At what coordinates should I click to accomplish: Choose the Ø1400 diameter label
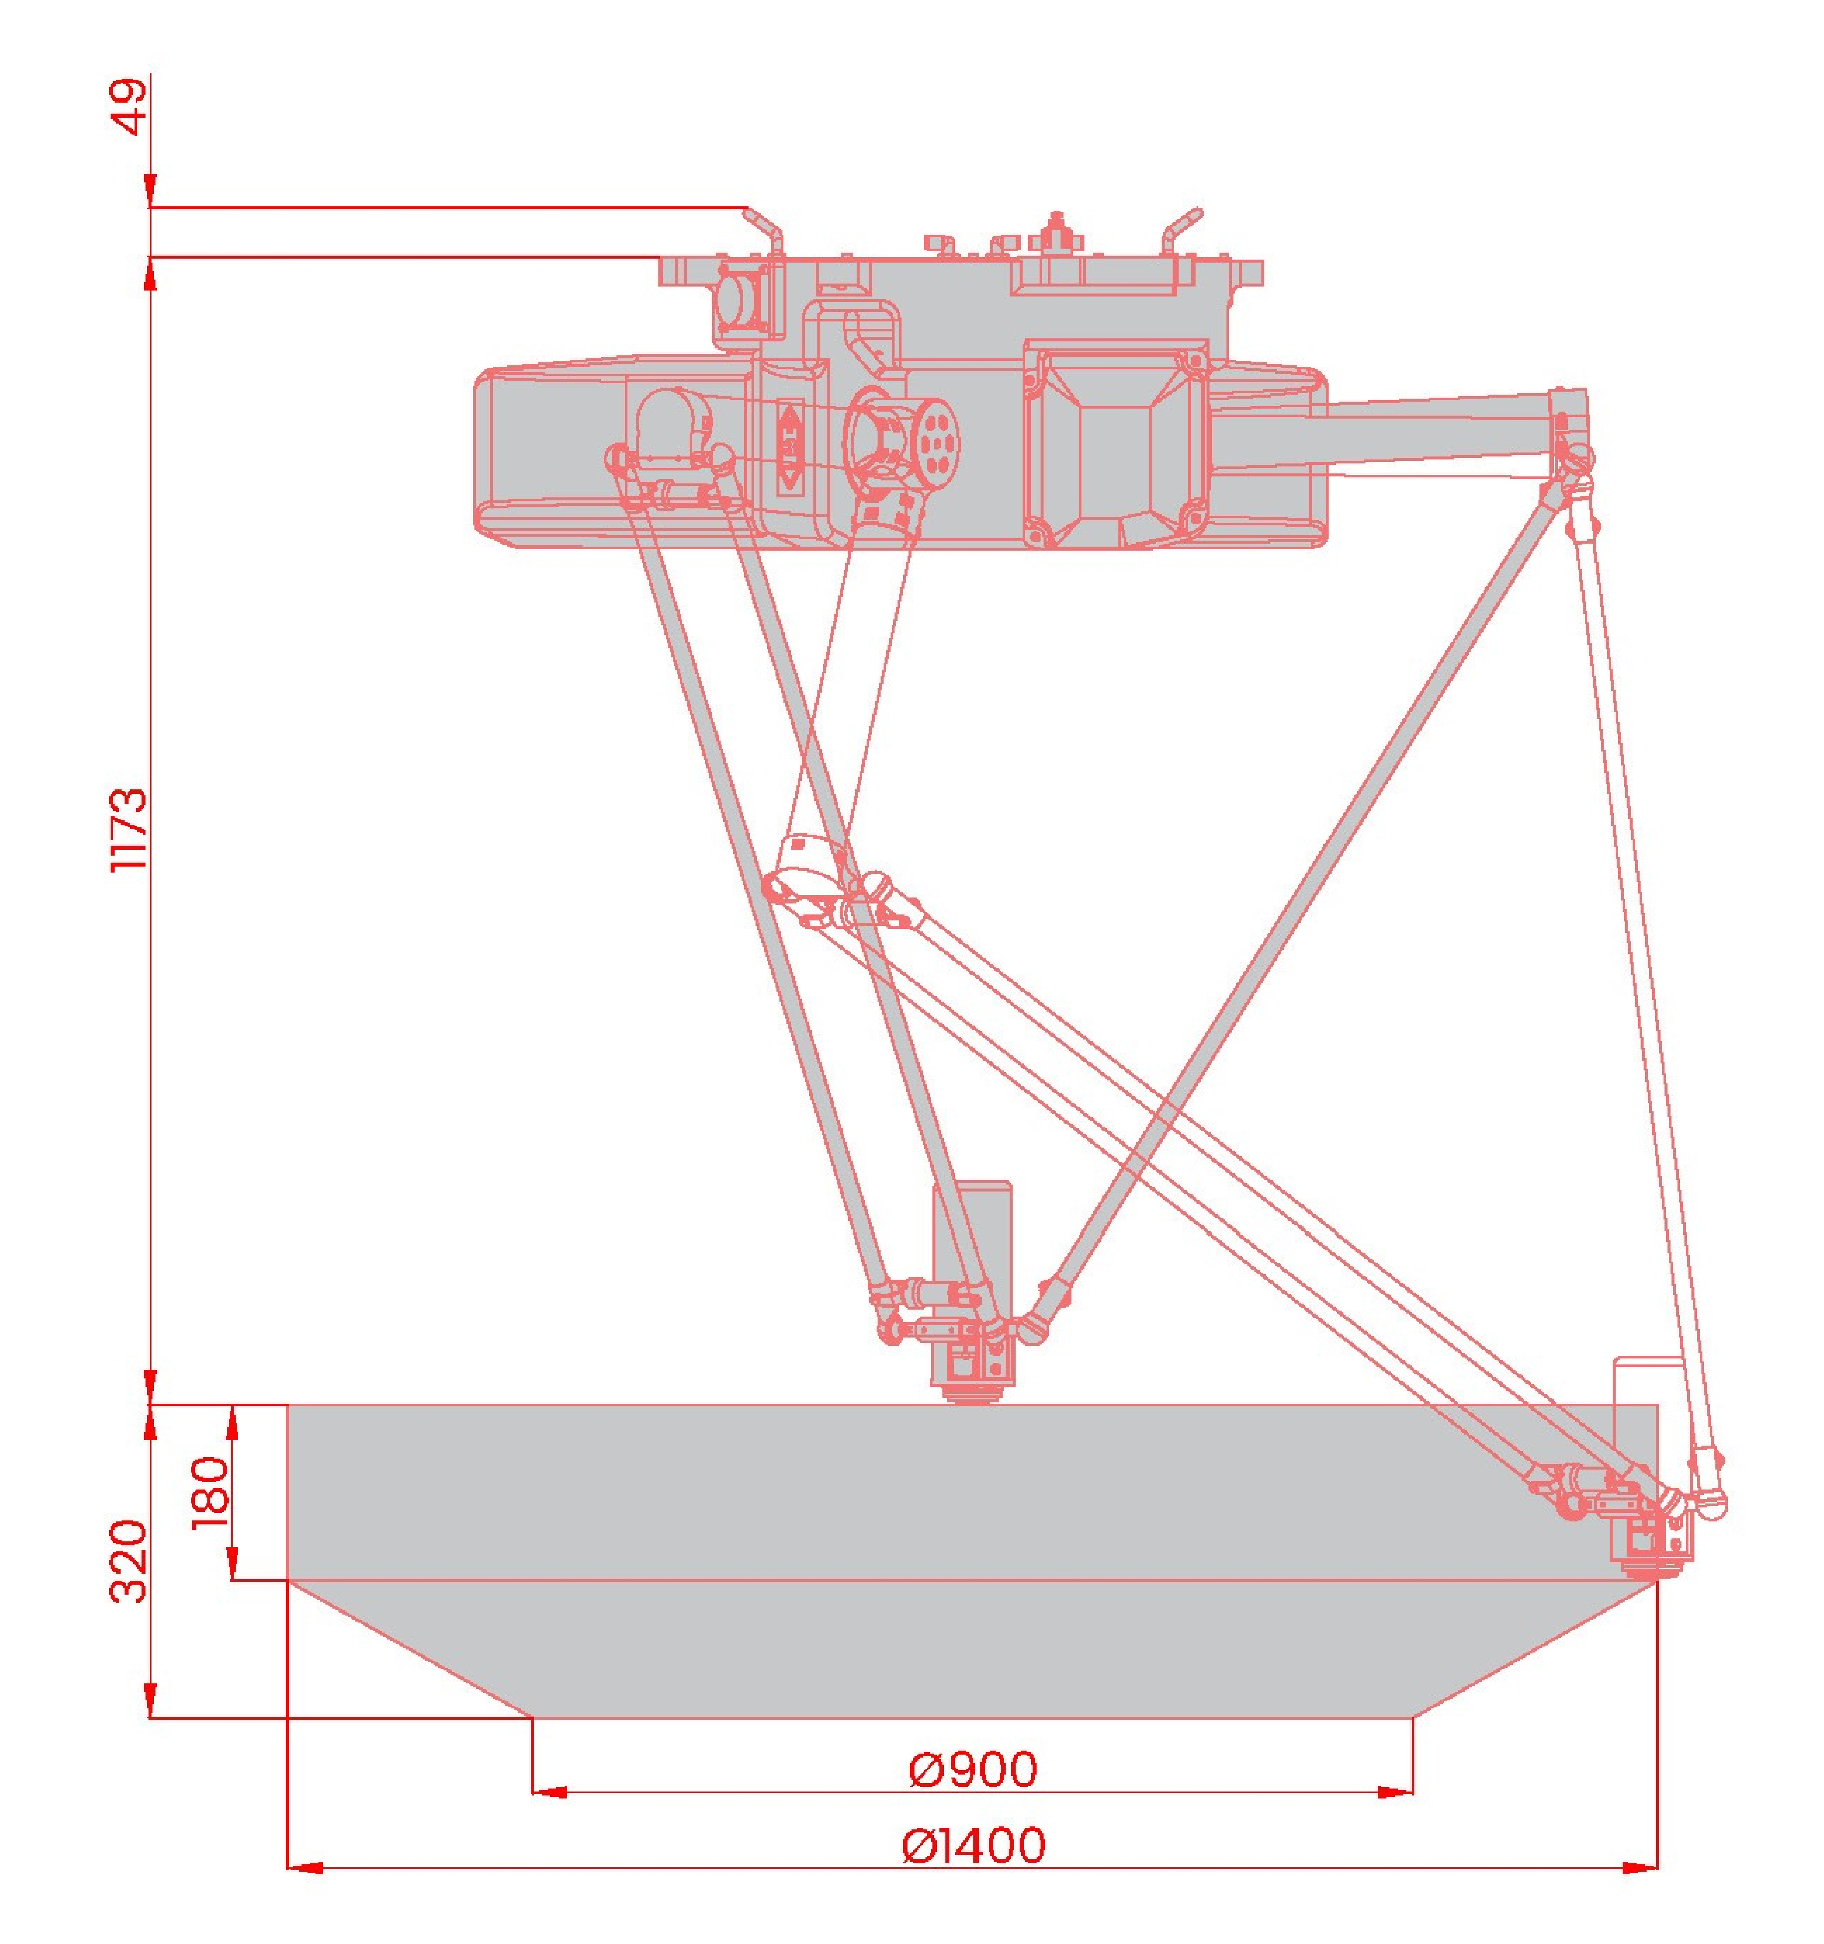pyautogui.click(x=973, y=1845)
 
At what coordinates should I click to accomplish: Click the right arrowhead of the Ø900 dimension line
pyautogui.click(x=1395, y=1793)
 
